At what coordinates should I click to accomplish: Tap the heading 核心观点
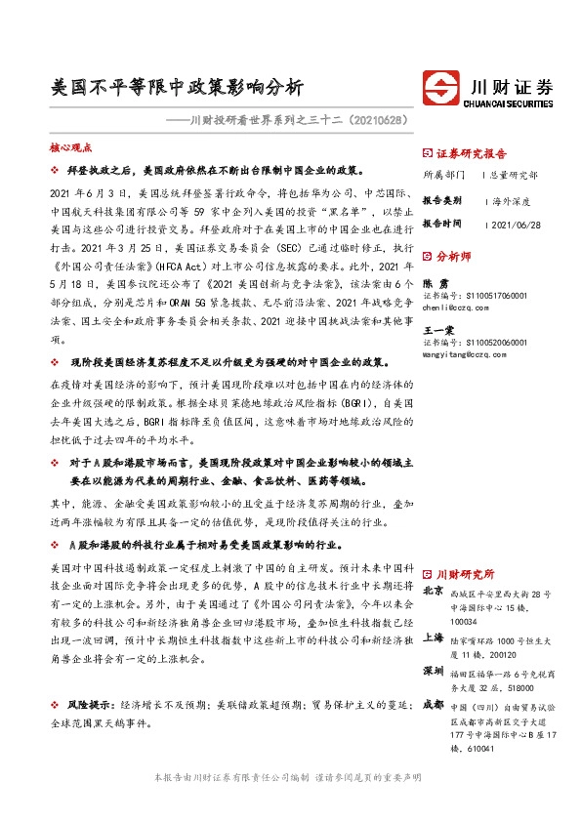[70, 147]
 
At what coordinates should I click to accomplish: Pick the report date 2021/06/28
[518, 223]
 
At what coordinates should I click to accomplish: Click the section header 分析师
[454, 258]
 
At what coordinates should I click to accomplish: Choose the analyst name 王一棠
[439, 330]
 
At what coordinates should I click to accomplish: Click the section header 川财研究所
[465, 574]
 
